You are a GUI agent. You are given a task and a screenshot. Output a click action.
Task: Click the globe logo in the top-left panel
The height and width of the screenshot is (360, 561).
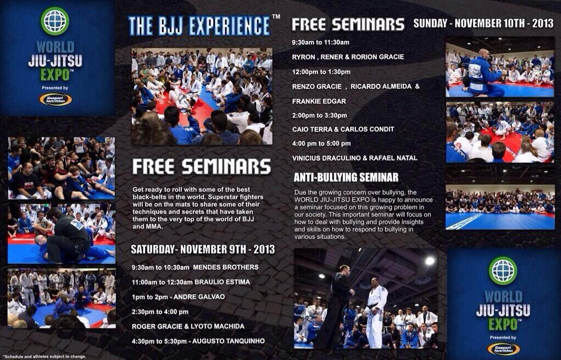[55, 21]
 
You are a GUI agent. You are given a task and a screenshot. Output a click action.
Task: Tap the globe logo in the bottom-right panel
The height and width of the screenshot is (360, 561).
[503, 271]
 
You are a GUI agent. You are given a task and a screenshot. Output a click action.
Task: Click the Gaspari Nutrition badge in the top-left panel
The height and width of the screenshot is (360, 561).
[56, 99]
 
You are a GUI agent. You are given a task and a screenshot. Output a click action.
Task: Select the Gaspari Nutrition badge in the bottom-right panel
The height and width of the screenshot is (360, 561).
[503, 349]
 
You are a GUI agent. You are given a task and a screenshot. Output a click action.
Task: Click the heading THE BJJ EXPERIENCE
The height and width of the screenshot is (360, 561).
[199, 25]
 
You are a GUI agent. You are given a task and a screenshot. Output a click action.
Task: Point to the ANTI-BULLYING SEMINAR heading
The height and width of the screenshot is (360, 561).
[346, 177]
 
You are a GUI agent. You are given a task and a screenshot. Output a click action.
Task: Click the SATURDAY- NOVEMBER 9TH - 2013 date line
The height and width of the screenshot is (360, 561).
[203, 249]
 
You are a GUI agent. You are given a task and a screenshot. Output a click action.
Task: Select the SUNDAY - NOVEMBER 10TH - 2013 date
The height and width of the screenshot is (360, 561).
[483, 23]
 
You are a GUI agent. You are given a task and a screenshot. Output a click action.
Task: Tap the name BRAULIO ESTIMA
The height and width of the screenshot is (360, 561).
[222, 282]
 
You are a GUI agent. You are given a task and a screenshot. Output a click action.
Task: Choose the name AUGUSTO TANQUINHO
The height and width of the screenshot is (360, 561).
[229, 341]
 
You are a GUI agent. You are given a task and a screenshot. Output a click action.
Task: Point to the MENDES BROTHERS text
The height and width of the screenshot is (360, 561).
[226, 267]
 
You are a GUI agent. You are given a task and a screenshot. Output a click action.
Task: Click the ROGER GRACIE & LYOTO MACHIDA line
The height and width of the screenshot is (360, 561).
[188, 326]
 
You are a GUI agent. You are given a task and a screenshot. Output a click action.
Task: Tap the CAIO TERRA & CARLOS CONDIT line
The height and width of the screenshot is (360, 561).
[343, 129]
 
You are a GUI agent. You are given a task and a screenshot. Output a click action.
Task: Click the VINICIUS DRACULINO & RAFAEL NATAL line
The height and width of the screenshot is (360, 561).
[354, 158]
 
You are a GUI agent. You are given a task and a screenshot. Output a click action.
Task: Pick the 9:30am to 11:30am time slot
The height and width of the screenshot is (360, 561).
[321, 42]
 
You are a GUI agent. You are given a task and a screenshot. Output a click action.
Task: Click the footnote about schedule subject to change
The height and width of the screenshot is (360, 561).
[45, 357]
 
